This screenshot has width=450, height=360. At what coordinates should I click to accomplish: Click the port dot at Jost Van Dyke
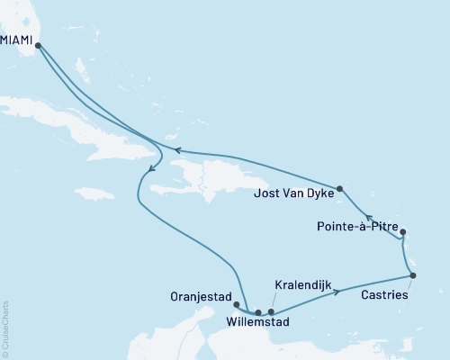(339, 190)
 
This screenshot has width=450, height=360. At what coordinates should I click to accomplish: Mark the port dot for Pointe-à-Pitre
(403, 231)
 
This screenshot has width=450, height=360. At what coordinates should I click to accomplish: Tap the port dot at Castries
(413, 276)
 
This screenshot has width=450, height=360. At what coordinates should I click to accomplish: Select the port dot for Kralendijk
(271, 312)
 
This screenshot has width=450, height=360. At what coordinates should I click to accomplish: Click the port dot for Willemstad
(258, 313)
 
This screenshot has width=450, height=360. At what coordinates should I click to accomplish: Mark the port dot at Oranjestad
(237, 305)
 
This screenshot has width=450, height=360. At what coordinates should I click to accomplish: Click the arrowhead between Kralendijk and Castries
(335, 290)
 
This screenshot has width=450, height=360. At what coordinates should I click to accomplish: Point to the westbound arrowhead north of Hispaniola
(177, 150)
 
